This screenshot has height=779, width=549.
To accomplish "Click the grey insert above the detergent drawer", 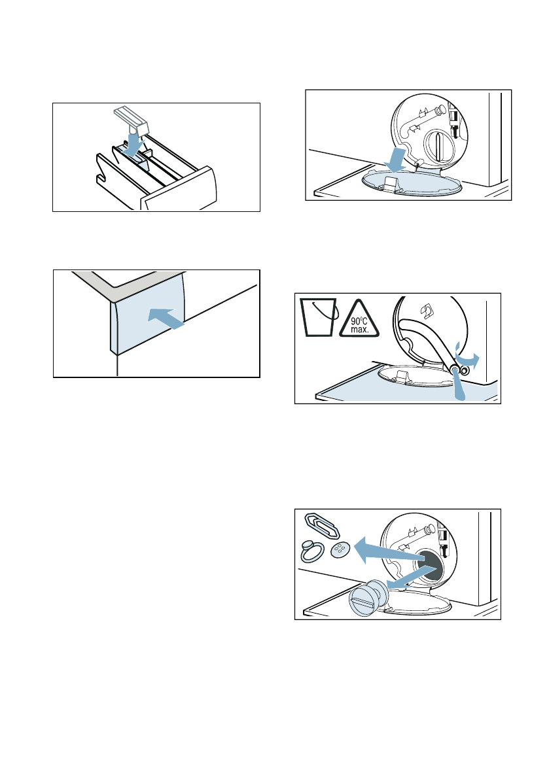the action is click(x=132, y=118).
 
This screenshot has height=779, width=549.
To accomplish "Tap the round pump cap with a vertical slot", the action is click(x=438, y=146).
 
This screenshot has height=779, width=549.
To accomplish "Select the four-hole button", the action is click(x=341, y=551).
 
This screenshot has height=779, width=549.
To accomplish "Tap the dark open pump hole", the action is click(x=428, y=566).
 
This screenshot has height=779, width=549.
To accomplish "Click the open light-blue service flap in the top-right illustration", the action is click(x=412, y=182).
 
